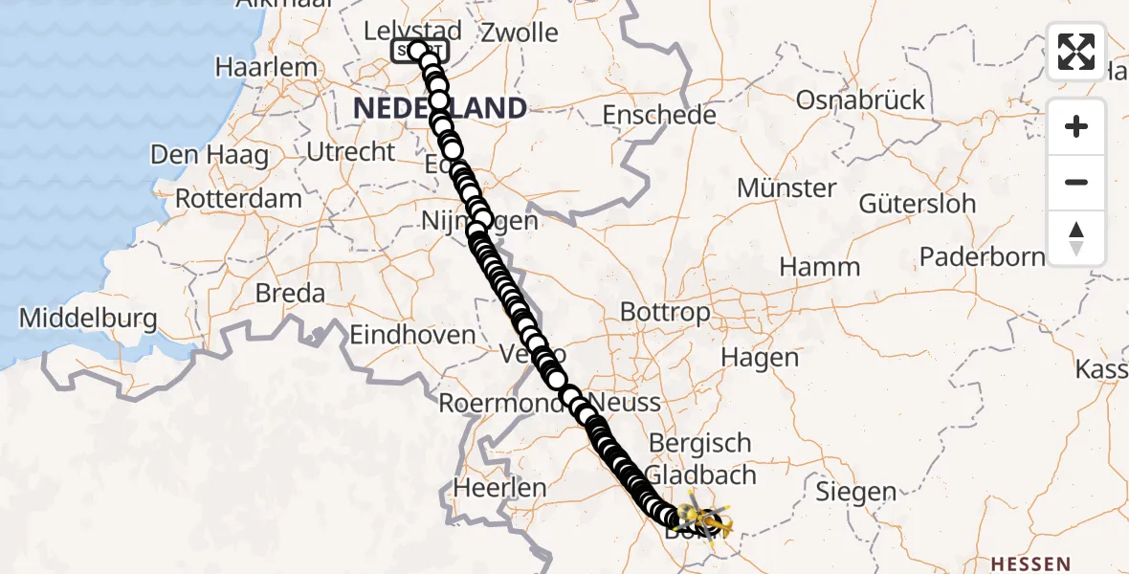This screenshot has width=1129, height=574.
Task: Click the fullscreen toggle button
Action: click(1076, 52)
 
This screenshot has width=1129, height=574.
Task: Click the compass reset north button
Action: click(1076, 238)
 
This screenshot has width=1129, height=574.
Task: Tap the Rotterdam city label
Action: click(240, 199)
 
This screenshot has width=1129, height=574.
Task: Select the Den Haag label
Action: click(209, 156)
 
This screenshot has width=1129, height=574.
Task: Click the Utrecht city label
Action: click(351, 151)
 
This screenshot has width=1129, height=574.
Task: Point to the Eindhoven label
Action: click(412, 335)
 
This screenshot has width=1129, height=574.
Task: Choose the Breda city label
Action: click(290, 293)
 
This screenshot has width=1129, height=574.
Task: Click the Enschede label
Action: click(659, 116)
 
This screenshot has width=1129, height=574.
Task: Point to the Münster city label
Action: click(787, 188)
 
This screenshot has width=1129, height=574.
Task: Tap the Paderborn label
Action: click(983, 256)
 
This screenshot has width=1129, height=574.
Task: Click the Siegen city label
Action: click(856, 492)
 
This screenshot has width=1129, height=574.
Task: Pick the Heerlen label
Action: click(499, 488)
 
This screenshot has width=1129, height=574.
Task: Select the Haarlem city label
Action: click(266, 68)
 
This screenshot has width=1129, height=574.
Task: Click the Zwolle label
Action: click(520, 33)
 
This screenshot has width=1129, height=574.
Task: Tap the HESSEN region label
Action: click(1030, 563)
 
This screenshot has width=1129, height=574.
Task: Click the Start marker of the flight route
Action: click(417, 51)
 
